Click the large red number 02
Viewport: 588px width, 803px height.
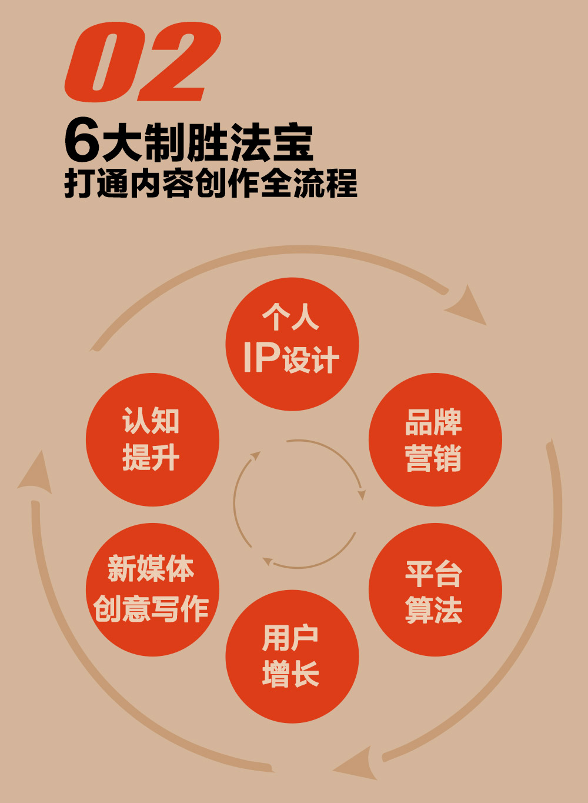click(142, 62)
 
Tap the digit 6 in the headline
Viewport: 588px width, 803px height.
click(82, 141)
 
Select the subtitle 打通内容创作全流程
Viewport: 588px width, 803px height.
click(211, 183)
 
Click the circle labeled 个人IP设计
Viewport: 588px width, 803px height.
click(292, 344)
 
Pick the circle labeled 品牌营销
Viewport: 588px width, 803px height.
click(435, 439)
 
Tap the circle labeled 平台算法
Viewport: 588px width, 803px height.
click(435, 589)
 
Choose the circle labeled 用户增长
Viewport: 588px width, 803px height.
click(292, 657)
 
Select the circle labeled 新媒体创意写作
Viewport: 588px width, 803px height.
click(152, 589)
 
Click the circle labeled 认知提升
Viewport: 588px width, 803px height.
click(152, 439)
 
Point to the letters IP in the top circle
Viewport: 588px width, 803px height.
click(261, 356)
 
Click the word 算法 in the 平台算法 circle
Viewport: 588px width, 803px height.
click(434, 609)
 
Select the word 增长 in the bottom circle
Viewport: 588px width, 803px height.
click(290, 674)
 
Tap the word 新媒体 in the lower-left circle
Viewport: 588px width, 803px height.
click(151, 569)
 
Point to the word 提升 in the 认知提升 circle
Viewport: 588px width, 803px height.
click(151, 458)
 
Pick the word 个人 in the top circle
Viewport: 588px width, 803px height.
click(290, 318)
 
